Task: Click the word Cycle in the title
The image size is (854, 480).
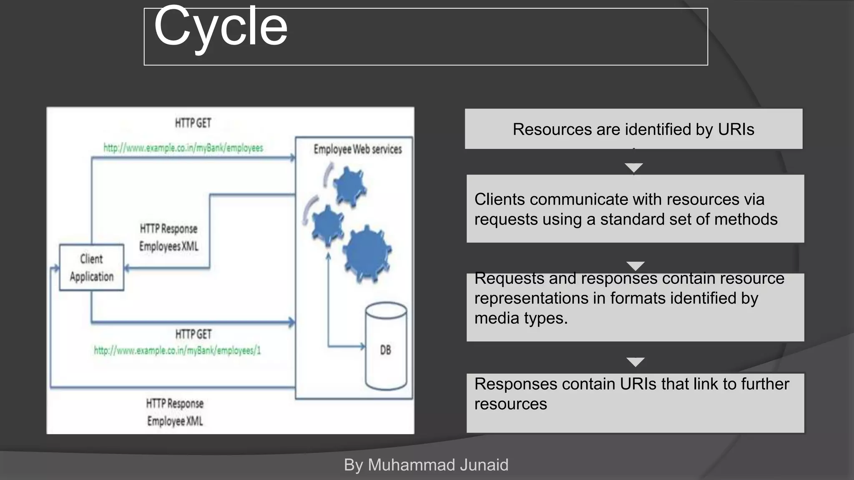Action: point(221,27)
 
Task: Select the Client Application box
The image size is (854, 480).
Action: point(91,267)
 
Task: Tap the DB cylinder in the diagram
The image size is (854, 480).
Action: point(386,346)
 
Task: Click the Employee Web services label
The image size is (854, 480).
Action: point(357,149)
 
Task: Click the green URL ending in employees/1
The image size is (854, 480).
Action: point(177,350)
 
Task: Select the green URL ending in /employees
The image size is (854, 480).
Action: point(183,148)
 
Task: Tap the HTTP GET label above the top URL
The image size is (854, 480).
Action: point(193,123)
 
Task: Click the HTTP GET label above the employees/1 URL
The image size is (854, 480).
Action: point(193,334)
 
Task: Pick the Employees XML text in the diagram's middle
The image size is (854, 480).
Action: point(168,246)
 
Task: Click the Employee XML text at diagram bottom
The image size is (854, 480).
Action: point(175,421)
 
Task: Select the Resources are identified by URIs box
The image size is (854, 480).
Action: point(633,129)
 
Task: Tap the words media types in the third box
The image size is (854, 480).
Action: point(521,318)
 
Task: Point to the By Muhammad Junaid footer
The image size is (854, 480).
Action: point(426,465)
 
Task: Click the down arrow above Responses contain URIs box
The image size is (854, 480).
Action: point(635,362)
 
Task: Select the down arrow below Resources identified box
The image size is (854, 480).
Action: point(634,168)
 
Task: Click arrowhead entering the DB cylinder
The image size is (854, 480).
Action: point(362,346)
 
